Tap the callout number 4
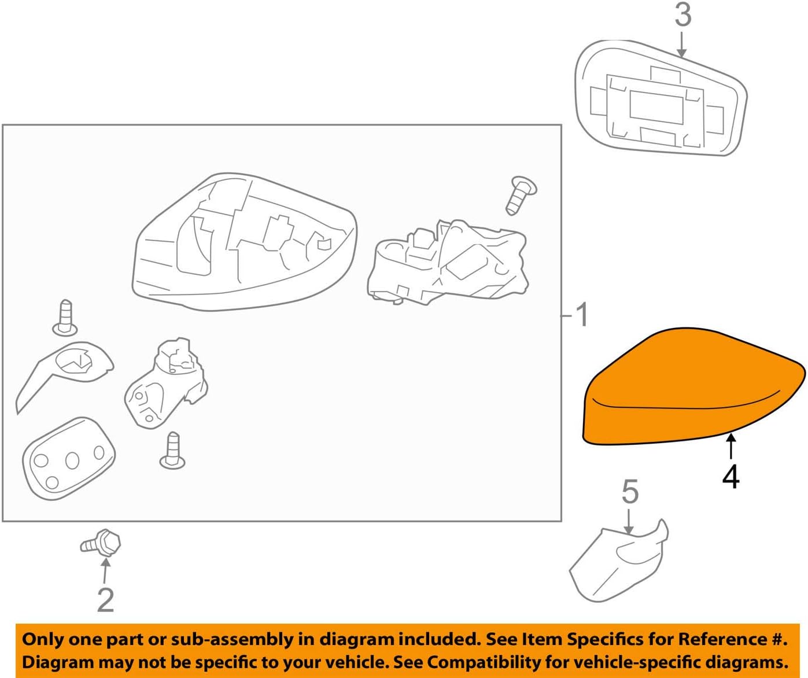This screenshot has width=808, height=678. point(730,477)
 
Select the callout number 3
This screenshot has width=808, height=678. point(682,15)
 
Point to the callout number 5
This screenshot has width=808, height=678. point(630,492)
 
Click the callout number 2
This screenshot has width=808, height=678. point(105,600)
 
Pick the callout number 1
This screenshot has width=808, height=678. point(581,315)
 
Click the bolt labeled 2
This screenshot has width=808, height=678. point(102,544)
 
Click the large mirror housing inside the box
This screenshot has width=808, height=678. point(243,243)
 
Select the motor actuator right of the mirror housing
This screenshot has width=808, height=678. point(448,260)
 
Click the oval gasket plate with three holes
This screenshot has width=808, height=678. point(68,458)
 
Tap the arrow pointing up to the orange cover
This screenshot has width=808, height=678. point(731,447)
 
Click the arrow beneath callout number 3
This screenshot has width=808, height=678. point(682,45)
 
